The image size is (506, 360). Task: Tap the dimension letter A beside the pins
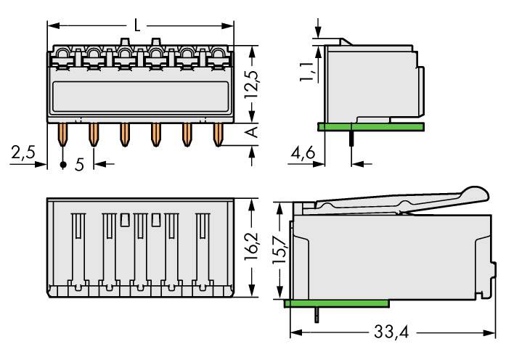251,131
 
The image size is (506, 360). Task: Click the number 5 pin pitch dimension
80,164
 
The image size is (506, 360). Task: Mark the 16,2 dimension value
251,247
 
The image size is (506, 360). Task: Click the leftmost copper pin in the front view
62,134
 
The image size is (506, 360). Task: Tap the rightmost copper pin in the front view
217,134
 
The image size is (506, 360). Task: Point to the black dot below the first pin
62,165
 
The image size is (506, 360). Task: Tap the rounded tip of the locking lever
476,194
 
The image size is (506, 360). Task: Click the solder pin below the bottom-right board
317,313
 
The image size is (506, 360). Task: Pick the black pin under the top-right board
351,139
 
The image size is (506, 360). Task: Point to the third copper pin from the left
124,134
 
